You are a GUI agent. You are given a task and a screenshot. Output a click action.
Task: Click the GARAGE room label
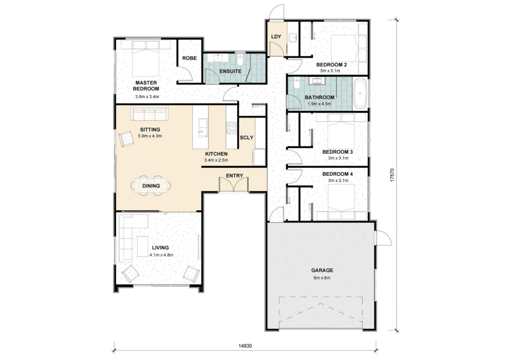(x=322, y=270)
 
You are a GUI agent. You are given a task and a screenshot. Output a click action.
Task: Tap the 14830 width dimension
(x=245, y=346)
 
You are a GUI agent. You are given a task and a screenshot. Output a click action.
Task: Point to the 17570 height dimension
(x=392, y=175)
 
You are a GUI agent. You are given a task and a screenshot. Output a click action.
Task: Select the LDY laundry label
(x=276, y=36)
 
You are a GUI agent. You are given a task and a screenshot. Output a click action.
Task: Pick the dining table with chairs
(x=151, y=185)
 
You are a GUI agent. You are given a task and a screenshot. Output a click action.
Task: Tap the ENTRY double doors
(x=234, y=185)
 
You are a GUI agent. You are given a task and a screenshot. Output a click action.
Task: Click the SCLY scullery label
(x=247, y=137)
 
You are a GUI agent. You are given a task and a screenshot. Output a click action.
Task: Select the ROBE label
(x=189, y=58)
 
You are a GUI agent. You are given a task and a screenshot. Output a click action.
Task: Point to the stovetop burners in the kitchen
(x=232, y=127)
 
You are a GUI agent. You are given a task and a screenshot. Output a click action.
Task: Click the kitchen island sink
(x=203, y=128)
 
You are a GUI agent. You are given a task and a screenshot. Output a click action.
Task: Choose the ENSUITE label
(x=230, y=71)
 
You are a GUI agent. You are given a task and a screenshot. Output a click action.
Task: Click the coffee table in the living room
(x=142, y=246)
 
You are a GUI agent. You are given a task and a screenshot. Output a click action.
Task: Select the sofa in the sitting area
(x=149, y=113)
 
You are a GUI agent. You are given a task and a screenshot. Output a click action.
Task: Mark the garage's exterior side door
(x=383, y=238)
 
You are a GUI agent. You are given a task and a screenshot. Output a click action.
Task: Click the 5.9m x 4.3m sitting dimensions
(x=150, y=136)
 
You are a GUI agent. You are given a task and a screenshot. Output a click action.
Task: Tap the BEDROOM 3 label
(x=338, y=152)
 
